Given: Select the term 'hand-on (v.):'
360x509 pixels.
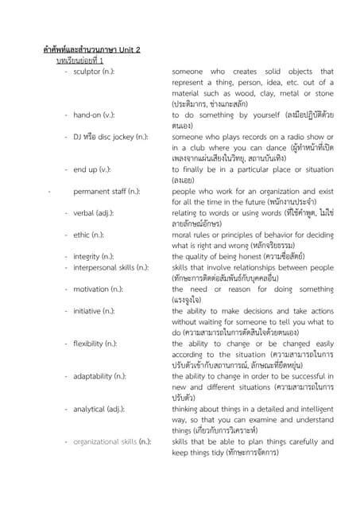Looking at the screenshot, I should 95,115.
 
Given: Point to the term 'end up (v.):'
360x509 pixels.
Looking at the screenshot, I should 92,169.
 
